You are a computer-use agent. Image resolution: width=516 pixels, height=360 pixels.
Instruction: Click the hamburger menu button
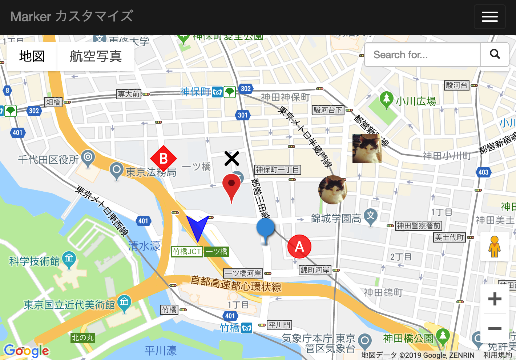tap(489, 17)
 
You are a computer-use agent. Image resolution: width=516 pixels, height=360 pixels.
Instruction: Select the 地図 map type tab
tap(32, 56)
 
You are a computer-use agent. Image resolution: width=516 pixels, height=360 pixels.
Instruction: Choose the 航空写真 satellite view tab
tap(96, 56)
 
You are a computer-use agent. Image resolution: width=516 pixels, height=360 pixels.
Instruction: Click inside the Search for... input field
tap(422, 55)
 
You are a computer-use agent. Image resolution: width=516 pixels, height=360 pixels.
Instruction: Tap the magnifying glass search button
tap(495, 55)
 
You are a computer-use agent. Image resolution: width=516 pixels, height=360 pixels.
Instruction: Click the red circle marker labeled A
tap(299, 247)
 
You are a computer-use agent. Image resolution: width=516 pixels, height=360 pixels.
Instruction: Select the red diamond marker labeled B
tap(164, 159)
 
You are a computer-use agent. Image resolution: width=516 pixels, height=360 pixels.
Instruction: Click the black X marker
tap(231, 159)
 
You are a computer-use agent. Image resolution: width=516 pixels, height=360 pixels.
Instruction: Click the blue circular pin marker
tap(266, 229)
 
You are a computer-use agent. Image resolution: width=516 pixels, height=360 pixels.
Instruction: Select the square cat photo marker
tap(367, 148)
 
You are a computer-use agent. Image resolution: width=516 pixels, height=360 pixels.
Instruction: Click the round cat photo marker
tap(332, 189)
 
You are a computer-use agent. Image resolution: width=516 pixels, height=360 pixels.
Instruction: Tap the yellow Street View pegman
tap(494, 247)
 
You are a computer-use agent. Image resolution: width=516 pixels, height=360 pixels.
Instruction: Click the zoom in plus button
tap(495, 299)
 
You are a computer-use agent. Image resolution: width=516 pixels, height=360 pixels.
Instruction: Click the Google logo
tap(26, 351)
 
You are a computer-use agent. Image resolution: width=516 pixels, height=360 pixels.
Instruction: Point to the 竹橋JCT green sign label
tap(187, 251)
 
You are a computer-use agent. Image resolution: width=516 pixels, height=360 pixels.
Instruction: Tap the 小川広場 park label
tap(416, 101)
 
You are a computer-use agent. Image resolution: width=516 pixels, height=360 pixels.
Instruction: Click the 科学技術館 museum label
tap(35, 261)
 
